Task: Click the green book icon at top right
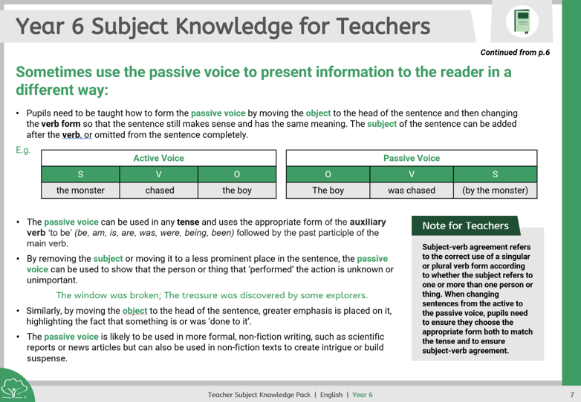click(522, 22)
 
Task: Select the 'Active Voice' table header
click(158, 158)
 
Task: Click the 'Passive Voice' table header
click(411, 158)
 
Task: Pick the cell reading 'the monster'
click(80, 191)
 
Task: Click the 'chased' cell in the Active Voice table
click(159, 191)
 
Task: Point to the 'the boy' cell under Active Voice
click(237, 191)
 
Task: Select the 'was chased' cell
click(411, 191)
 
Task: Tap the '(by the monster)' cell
click(495, 191)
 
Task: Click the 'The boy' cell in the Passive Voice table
click(328, 191)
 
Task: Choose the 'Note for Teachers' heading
click(465, 225)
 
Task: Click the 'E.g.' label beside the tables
click(23, 151)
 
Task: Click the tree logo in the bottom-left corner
click(16, 386)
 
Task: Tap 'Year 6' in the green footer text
click(363, 394)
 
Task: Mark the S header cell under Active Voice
click(80, 174)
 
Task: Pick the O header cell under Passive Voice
click(328, 174)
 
